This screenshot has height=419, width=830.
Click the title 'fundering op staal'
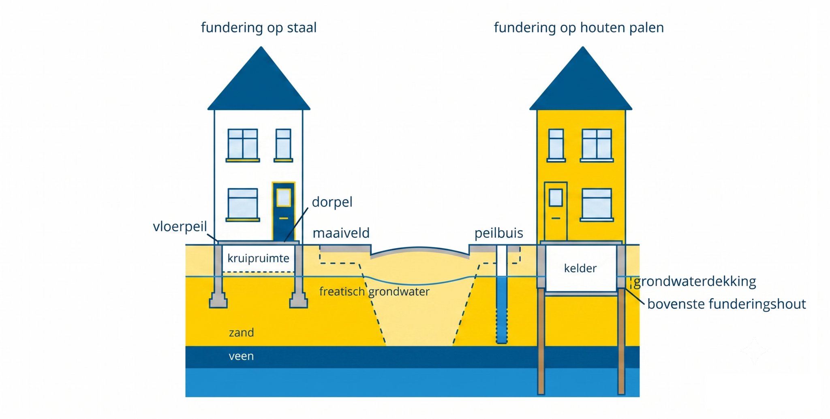point(259,28)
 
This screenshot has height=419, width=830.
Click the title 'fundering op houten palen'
point(579,28)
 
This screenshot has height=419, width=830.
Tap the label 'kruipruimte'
point(258,259)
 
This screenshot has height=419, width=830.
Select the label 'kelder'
point(580,268)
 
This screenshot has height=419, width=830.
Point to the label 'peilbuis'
point(499,234)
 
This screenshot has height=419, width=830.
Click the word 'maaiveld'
point(341,233)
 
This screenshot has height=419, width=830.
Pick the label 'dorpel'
point(332,202)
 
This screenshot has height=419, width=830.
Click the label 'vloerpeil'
point(180,227)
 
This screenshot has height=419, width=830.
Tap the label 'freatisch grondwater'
point(374,292)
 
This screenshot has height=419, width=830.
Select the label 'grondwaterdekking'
point(695,282)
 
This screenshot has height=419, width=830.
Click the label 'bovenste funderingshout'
point(727,304)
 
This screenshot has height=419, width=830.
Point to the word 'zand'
point(241,333)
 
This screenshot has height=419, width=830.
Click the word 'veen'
point(241,356)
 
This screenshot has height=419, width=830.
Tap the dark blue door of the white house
point(283,212)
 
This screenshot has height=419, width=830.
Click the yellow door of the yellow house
point(556,211)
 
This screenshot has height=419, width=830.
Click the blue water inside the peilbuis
point(502,310)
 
